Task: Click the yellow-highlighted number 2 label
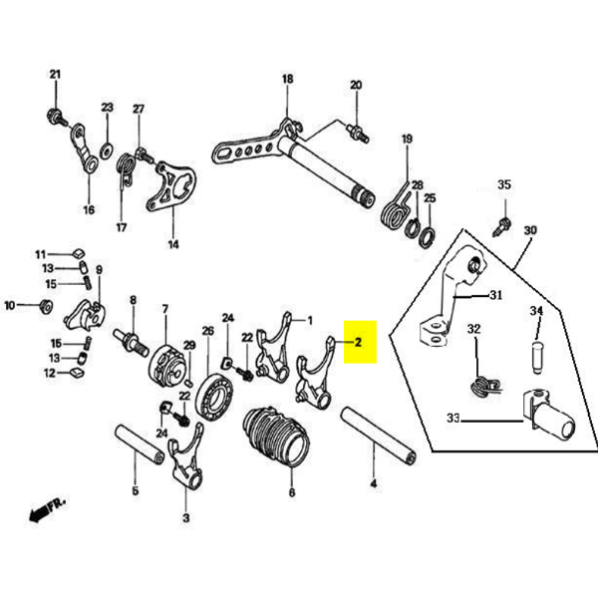359,342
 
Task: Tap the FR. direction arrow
46,510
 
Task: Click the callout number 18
287,80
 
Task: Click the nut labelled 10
44,306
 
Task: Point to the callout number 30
529,229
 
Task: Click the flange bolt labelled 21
56,115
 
